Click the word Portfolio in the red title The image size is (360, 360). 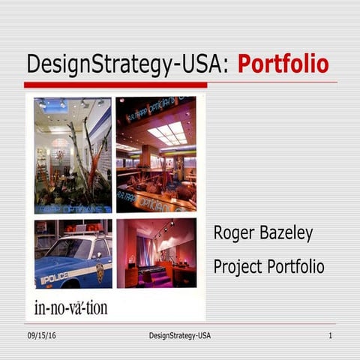tap(283, 64)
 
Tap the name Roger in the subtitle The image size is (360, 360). tap(235, 233)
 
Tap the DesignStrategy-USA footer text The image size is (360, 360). tap(175, 335)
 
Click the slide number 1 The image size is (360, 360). tap(329, 335)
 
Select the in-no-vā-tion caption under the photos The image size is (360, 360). tap(70, 307)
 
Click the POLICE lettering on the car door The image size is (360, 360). tap(54, 277)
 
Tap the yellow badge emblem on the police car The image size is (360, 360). tap(99, 268)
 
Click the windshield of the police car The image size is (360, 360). tap(68, 247)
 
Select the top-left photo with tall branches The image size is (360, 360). tap(73, 155)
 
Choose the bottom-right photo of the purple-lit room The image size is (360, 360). tap(156, 253)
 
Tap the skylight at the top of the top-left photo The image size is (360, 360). tap(55, 105)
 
